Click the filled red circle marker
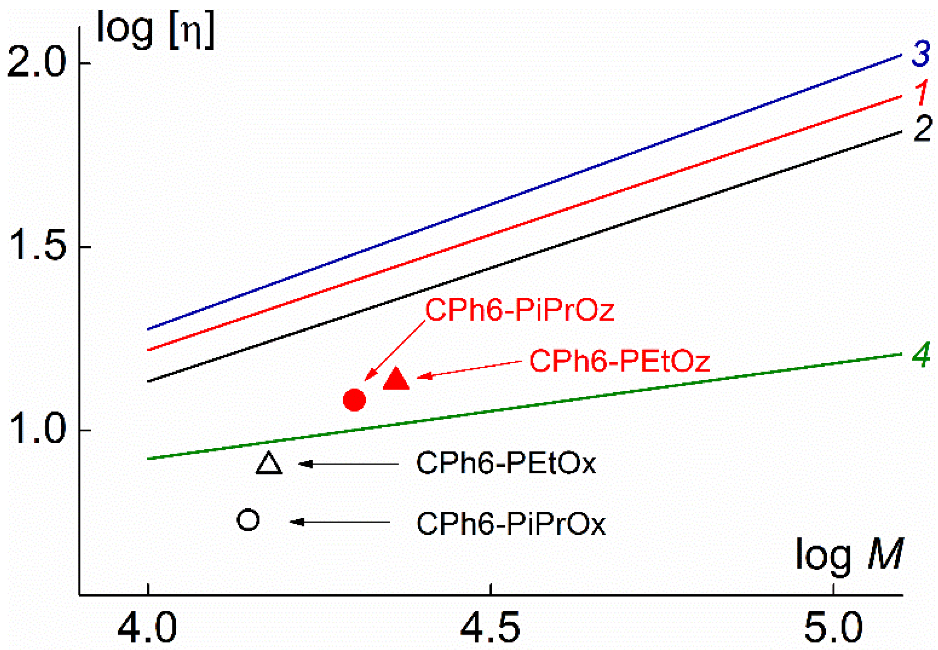354,400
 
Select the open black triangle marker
269,464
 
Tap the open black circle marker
248,519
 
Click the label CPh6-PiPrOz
520,310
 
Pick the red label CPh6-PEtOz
619,361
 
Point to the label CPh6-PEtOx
506,463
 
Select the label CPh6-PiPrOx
511,523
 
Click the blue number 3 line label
921,54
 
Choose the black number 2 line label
922,129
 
